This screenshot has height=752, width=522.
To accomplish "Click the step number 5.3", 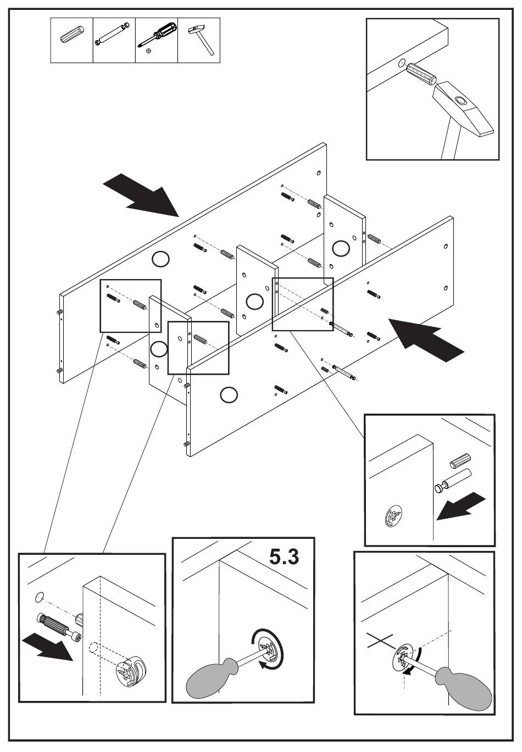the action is (284, 557).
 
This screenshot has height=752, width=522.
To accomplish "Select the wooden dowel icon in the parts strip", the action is (72, 34).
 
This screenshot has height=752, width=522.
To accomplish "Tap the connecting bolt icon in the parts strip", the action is (113, 34).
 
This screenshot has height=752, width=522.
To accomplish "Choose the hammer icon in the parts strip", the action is (200, 40).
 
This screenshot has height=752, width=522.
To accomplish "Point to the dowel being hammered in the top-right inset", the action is (421, 75).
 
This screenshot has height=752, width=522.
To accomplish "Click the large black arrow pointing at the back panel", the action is (141, 194).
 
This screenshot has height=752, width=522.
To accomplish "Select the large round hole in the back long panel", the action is (160, 259).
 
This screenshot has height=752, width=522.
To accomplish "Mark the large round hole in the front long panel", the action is (229, 394).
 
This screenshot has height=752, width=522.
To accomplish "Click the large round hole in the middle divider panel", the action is (254, 301).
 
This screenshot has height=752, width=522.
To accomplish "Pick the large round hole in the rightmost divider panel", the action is (341, 248).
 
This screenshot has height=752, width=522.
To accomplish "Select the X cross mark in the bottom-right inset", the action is (380, 640).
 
